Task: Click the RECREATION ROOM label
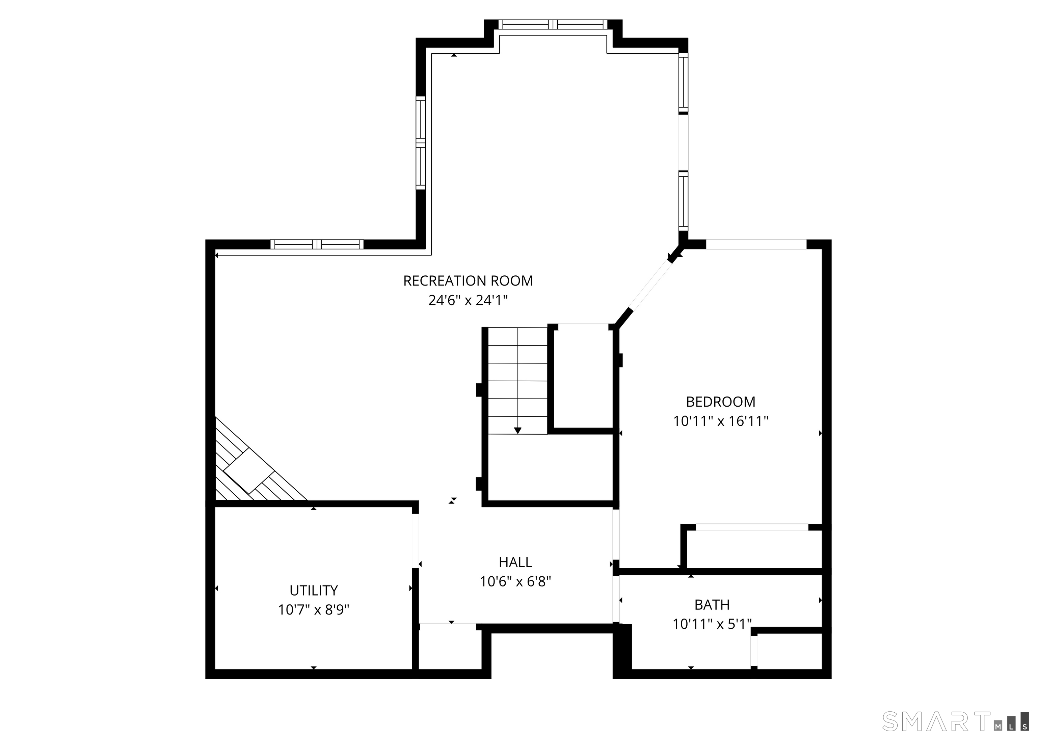468,281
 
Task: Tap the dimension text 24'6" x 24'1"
468,300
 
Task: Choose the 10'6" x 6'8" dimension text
515,581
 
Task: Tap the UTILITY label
314,590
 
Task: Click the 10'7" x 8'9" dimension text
314,610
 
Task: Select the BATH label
712,604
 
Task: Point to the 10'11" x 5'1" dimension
712,624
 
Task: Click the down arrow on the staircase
517,430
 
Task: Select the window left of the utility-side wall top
317,244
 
